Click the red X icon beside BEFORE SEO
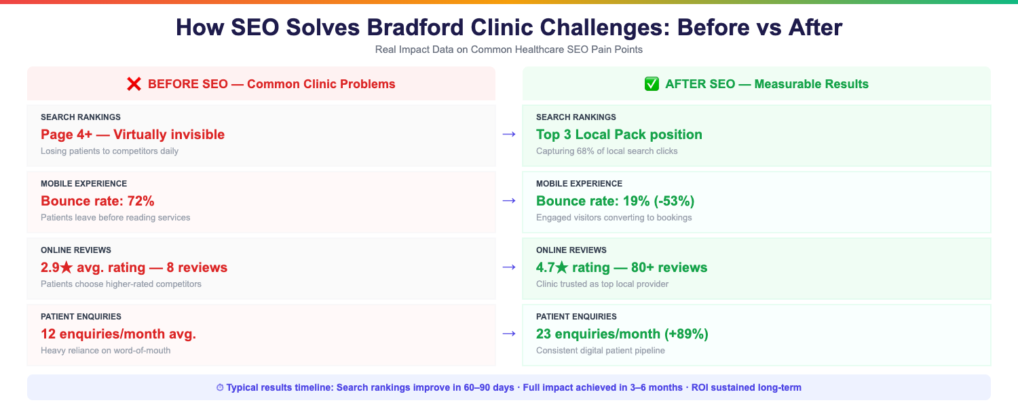point(134,84)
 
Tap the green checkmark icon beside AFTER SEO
point(652,84)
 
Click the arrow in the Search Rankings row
point(508,134)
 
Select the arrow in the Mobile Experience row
point(508,201)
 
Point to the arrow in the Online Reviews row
point(508,267)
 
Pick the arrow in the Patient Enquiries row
point(508,334)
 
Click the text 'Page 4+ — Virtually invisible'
point(132,134)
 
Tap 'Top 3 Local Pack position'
point(619,134)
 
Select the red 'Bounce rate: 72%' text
point(98,201)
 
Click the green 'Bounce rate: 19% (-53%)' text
point(615,201)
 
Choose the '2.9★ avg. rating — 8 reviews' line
point(134,267)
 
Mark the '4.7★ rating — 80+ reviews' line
point(622,267)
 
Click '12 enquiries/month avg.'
point(118,334)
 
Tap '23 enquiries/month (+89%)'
point(622,334)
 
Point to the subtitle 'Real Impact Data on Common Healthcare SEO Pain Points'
point(508,50)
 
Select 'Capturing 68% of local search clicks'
point(607,151)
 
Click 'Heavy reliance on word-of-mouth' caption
point(105,350)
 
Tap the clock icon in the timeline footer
point(220,388)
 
